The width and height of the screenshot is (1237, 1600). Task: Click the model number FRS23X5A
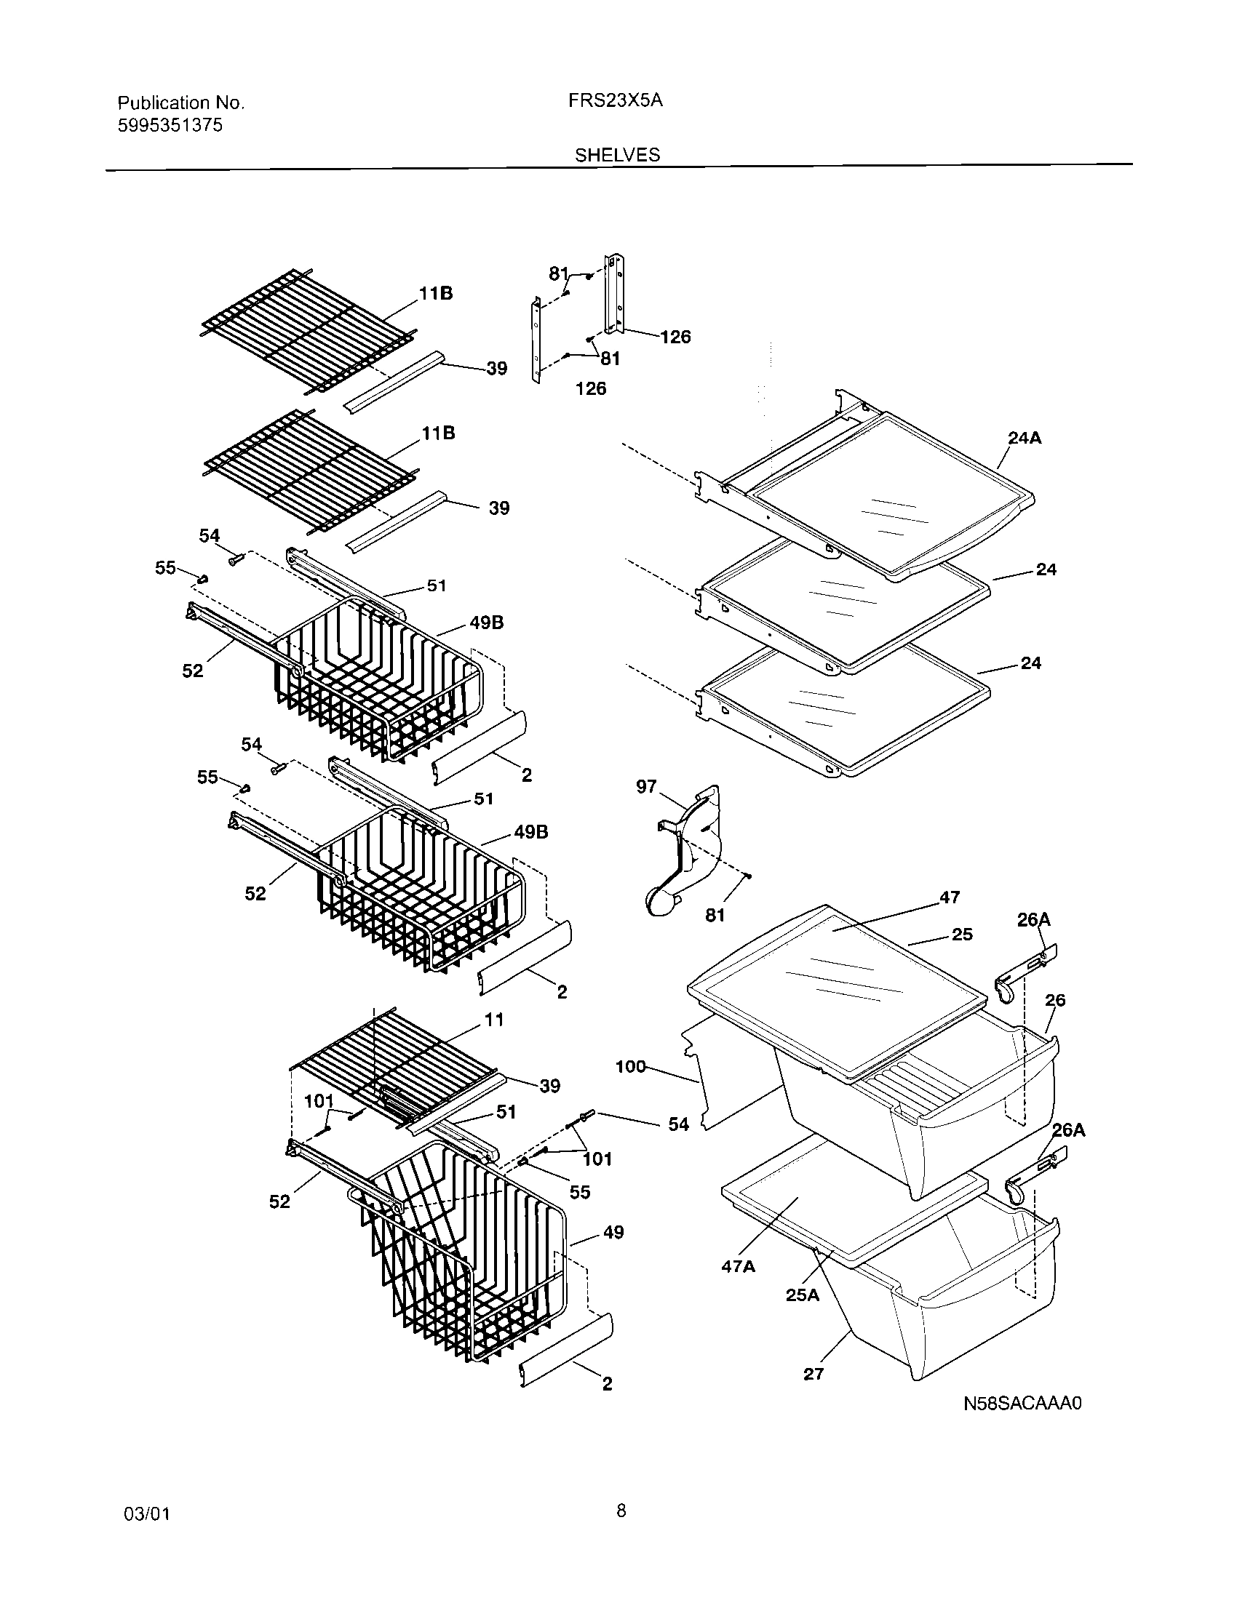[615, 101]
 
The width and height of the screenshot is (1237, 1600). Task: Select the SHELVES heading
[617, 155]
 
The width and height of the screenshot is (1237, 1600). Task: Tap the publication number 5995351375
[170, 125]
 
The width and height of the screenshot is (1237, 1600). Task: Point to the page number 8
[621, 1509]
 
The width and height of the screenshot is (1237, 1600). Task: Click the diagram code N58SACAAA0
[1022, 1404]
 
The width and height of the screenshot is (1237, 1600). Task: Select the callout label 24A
[1025, 438]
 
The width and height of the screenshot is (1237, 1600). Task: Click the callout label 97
[645, 787]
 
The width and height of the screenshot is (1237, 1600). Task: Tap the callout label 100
[630, 1066]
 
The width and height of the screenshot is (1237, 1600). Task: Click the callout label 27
[814, 1374]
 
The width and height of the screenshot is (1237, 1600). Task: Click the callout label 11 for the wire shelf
[494, 1019]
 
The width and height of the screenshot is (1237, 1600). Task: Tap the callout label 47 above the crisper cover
[949, 897]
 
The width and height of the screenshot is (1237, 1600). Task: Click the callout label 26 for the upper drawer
[1054, 1000]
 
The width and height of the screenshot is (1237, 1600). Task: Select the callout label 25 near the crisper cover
[962, 934]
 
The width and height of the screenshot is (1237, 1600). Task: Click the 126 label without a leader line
[591, 388]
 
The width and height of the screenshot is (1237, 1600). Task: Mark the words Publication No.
[181, 103]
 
